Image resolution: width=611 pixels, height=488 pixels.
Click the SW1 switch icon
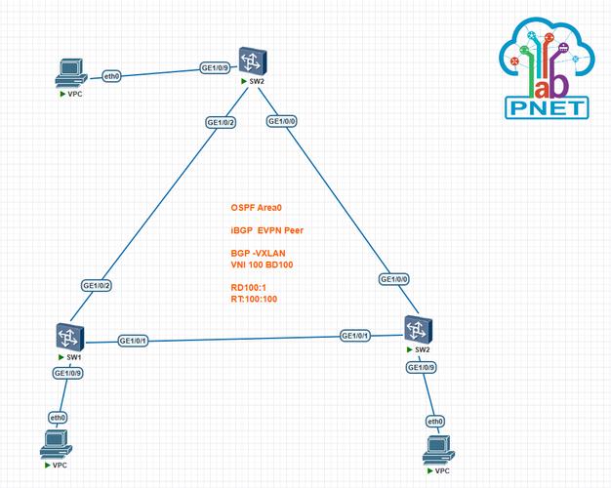pos(69,338)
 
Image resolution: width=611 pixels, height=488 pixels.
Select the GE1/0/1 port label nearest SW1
pos(133,341)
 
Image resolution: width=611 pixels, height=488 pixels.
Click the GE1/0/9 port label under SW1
pos(67,373)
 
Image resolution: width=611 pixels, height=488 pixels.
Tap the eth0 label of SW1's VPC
pos(59,418)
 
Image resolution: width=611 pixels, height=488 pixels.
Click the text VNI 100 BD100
pos(263,265)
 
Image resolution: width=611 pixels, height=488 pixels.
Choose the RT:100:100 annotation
pos(254,300)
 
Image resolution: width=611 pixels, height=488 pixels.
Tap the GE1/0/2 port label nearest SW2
pos(220,123)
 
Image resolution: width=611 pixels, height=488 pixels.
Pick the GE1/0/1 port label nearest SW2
pos(355,336)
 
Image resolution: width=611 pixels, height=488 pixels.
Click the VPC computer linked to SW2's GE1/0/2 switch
pos(69,70)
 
